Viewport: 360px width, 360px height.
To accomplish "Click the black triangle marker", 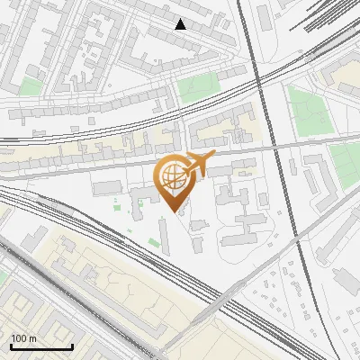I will coord(181,24).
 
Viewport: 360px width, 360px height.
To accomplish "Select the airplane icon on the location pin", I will coord(198,165).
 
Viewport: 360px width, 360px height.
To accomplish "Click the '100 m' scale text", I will coord(24,338).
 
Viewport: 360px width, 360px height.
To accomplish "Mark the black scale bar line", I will coord(41,347).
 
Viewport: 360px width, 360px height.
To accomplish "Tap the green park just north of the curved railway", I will coord(198,86).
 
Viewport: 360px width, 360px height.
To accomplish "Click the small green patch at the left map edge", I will coord(31,88).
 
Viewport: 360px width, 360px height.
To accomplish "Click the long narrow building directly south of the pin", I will coord(164,236).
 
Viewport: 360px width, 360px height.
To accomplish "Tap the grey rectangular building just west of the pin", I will coord(106,187).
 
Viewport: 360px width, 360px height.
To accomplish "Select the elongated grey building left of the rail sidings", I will coord(263,15).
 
